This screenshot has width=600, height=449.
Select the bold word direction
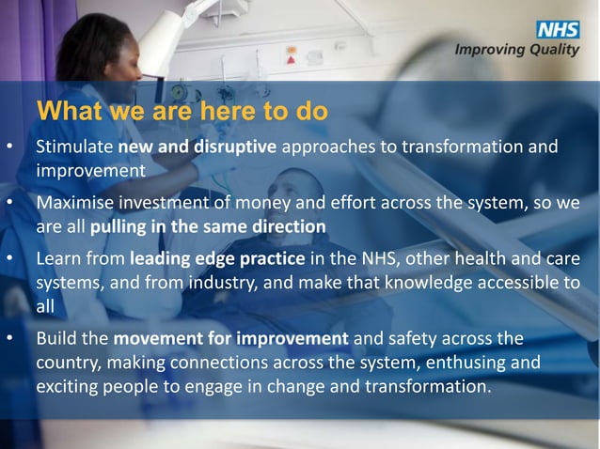point(286,226)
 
